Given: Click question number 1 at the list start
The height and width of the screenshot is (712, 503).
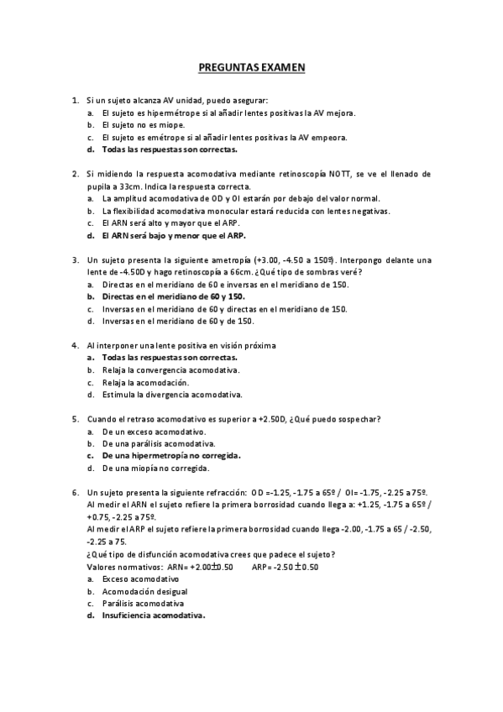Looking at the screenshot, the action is [x=76, y=101].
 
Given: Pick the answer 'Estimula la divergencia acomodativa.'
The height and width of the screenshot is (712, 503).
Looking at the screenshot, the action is [x=172, y=394].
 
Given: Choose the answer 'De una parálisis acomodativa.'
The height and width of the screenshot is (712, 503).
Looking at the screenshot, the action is [x=159, y=443].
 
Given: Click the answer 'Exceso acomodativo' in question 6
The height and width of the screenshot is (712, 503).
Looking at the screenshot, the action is [x=140, y=579].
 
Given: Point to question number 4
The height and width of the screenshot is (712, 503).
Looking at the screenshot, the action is [x=76, y=345].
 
